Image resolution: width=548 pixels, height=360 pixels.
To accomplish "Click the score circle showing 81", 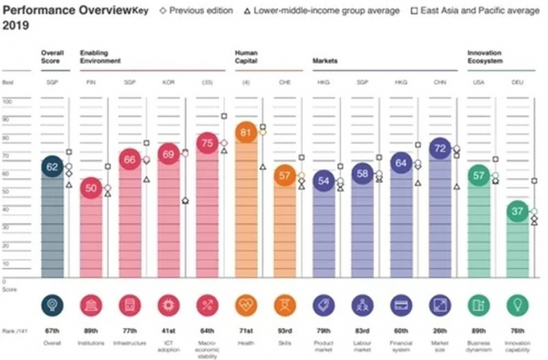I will click(x=247, y=134).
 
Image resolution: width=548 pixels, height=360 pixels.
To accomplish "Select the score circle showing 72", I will click(x=440, y=149).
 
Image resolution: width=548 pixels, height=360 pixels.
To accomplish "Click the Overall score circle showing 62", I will click(x=52, y=167).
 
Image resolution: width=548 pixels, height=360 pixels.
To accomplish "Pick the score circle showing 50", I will click(x=91, y=188).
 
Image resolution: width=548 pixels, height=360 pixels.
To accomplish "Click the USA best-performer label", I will click(x=479, y=83).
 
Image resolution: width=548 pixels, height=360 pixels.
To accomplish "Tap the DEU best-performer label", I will click(x=518, y=83).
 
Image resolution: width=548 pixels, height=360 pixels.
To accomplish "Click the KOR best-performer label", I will click(x=169, y=83).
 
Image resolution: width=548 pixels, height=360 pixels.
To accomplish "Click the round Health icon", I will click(x=247, y=304).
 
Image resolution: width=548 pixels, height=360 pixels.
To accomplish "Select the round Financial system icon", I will click(x=401, y=304).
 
